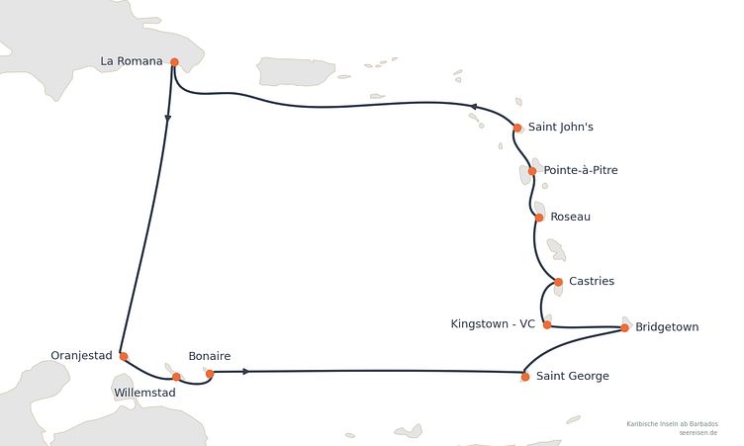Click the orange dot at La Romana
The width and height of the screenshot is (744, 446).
click(x=174, y=62)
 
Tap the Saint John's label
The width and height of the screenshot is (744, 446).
click(x=560, y=127)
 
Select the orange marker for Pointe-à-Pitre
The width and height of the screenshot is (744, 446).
click(x=532, y=171)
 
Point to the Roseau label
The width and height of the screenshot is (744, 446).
click(x=570, y=217)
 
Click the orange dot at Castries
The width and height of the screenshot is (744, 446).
click(x=558, y=282)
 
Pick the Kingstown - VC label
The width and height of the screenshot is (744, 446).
click(x=493, y=324)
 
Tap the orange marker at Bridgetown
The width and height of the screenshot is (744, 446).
click(x=625, y=327)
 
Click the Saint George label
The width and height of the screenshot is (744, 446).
click(x=572, y=376)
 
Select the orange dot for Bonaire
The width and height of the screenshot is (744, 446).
click(x=210, y=374)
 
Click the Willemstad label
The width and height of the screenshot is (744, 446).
click(x=144, y=393)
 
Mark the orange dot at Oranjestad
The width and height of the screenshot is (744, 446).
click(x=124, y=356)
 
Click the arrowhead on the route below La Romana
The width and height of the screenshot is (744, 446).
click(x=167, y=119)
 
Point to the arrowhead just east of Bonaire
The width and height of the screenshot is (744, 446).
click(x=245, y=372)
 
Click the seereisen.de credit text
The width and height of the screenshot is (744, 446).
click(x=697, y=433)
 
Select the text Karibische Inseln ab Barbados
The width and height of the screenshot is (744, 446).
click(x=672, y=423)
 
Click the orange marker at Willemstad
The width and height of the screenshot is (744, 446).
click(x=176, y=377)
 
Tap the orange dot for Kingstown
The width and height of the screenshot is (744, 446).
click(x=547, y=325)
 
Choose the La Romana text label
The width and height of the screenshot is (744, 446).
click(x=132, y=61)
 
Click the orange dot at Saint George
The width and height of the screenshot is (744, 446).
click(x=525, y=377)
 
